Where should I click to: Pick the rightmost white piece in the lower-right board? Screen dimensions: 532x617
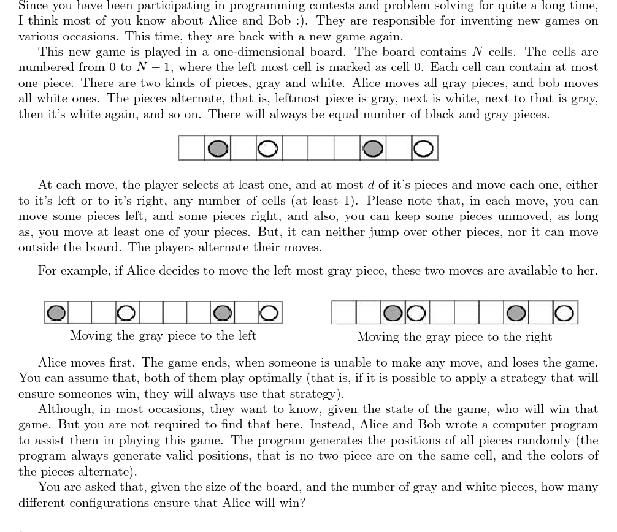pyautogui.click(x=565, y=313)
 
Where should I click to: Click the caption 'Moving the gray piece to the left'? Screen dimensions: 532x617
pyautogui.click(x=163, y=335)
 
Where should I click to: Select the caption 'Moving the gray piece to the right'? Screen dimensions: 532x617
pyautogui.click(x=454, y=336)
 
